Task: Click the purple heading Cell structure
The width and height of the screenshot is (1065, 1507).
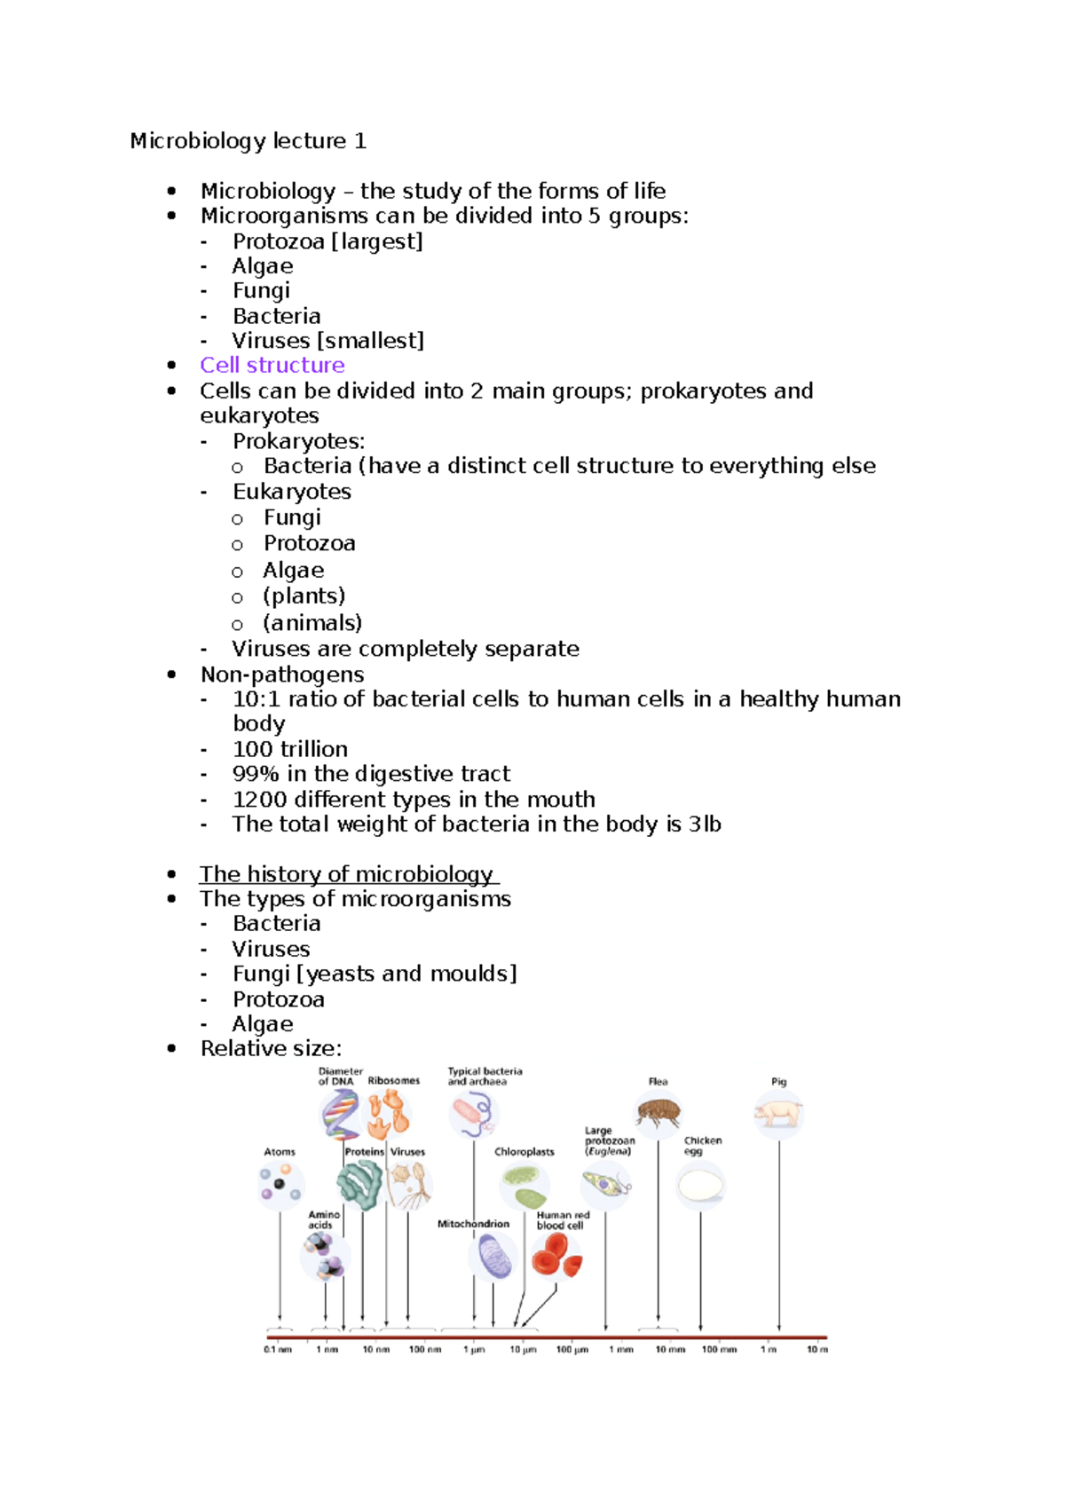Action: (272, 365)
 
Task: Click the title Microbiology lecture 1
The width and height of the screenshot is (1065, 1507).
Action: (248, 141)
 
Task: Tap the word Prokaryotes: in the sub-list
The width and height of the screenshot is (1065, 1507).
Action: (298, 441)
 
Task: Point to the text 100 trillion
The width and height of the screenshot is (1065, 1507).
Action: (289, 749)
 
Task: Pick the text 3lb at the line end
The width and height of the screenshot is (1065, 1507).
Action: (705, 825)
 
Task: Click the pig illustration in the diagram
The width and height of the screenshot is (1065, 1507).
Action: (778, 1113)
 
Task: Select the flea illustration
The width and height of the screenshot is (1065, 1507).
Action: (658, 1112)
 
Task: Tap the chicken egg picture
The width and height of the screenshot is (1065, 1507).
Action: (700, 1186)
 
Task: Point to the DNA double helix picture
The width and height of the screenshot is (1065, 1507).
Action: (340, 1113)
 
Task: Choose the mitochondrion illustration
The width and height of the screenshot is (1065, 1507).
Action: (493, 1257)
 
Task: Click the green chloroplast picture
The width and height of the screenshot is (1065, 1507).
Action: (524, 1184)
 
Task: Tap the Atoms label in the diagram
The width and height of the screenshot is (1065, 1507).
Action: (280, 1152)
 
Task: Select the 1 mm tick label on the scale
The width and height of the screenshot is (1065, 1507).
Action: (620, 1350)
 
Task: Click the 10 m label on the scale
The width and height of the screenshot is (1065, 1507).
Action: (816, 1350)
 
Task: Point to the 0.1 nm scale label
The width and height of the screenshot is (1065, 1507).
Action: (278, 1350)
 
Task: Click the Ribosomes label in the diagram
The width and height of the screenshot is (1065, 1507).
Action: (394, 1081)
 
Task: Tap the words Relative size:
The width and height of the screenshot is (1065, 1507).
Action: (271, 1049)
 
